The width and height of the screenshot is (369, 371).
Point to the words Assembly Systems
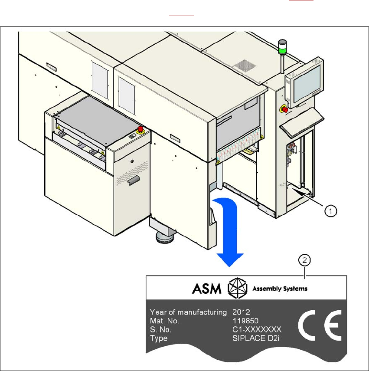pos(280,288)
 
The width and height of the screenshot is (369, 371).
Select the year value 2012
pos(242,312)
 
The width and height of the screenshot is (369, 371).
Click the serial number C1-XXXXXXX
pos(257,329)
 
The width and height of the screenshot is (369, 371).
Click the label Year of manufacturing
pos(188,312)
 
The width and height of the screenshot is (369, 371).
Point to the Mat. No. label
pos(164,321)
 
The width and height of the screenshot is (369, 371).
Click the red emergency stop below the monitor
pos(285,108)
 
